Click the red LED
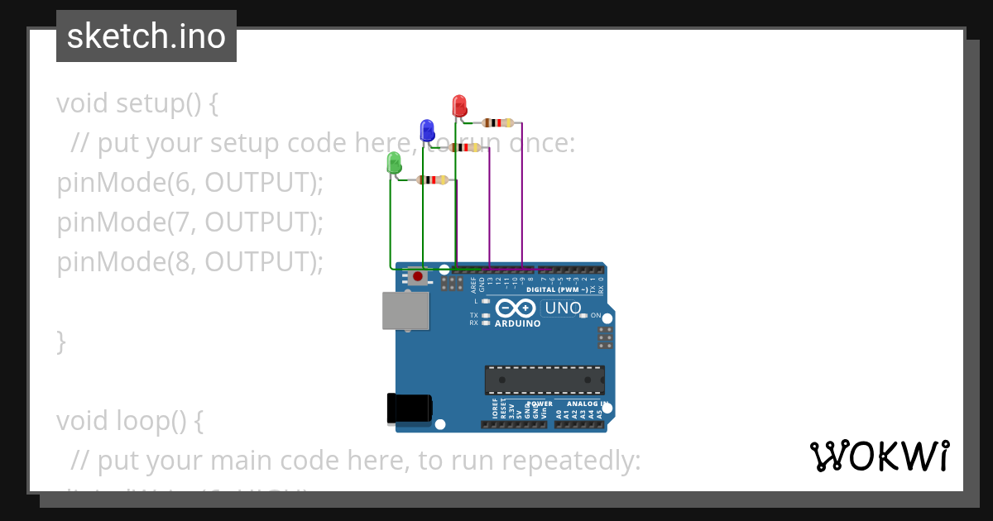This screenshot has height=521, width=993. [459, 106]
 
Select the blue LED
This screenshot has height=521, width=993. [427, 130]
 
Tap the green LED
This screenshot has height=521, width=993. [394, 163]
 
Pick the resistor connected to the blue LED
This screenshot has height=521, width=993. [465, 147]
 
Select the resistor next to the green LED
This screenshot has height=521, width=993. [433, 179]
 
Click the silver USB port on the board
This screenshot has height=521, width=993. [405, 310]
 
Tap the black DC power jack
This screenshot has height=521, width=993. [409, 408]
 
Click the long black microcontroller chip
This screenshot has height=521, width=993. [544, 380]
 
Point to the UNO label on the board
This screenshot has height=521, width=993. [563, 308]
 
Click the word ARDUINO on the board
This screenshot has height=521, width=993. [517, 324]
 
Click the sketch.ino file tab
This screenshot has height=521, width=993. [146, 36]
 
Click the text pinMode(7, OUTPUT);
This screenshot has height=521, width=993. [189, 222]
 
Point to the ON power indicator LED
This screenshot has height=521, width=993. [584, 315]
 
